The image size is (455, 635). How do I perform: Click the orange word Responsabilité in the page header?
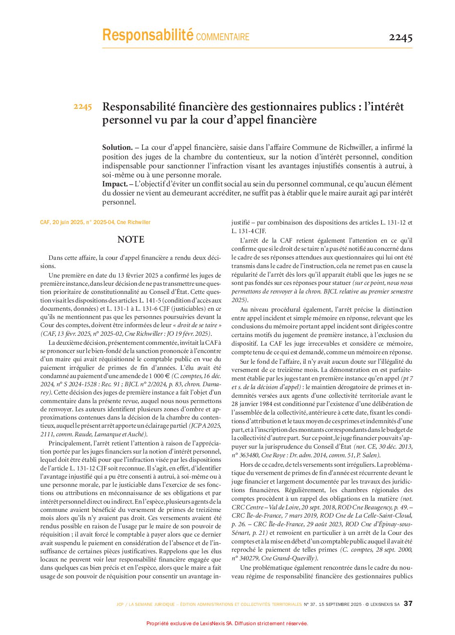coord(147,35)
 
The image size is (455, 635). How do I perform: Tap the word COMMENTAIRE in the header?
coord(223,37)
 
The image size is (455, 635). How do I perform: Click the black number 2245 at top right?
coord(400,37)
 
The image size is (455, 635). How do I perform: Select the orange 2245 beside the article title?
coord(83,107)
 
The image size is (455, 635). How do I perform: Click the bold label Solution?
coord(117,148)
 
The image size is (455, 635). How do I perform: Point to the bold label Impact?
coord(114,184)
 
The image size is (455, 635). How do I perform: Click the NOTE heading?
coord(130,240)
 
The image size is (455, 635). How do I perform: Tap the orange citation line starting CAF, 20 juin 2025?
coord(95,222)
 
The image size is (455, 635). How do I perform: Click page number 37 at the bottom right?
coord(408,603)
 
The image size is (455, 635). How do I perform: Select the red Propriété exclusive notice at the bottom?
coord(227,624)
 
